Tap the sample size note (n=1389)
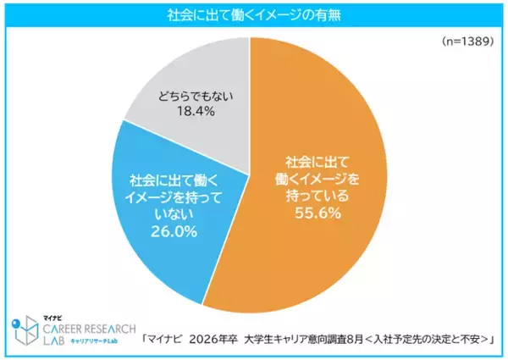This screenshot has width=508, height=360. tap(468, 41)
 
